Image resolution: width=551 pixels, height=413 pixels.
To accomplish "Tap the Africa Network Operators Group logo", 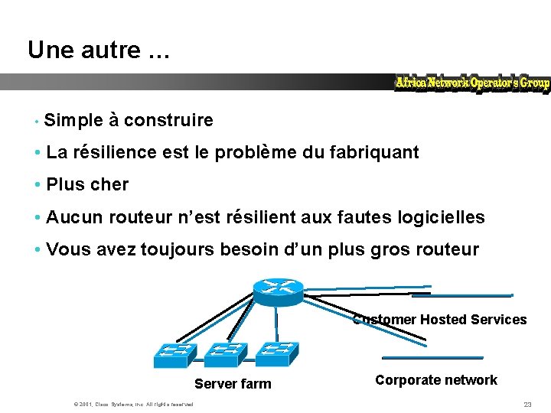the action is click(x=472, y=83).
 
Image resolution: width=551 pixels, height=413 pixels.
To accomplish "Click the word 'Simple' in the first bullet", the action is click(x=73, y=120).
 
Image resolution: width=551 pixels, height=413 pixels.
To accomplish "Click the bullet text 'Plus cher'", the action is click(x=87, y=184).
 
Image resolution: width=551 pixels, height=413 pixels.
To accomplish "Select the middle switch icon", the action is click(x=226, y=354).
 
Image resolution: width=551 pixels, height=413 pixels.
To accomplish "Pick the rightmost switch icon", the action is click(x=277, y=353).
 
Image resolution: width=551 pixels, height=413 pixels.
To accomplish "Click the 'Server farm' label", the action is click(x=233, y=384).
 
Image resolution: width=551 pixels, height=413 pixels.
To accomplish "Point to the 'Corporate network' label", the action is click(x=436, y=380).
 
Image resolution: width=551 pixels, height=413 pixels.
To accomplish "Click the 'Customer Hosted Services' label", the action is click(x=440, y=320).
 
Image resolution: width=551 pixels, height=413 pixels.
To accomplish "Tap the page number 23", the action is click(x=527, y=404).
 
